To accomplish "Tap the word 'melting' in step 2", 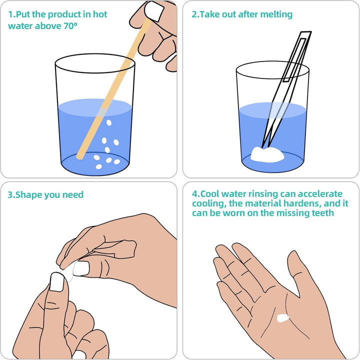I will pyautogui.click(x=274, y=14).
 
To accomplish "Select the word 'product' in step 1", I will pyautogui.click(x=67, y=14).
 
